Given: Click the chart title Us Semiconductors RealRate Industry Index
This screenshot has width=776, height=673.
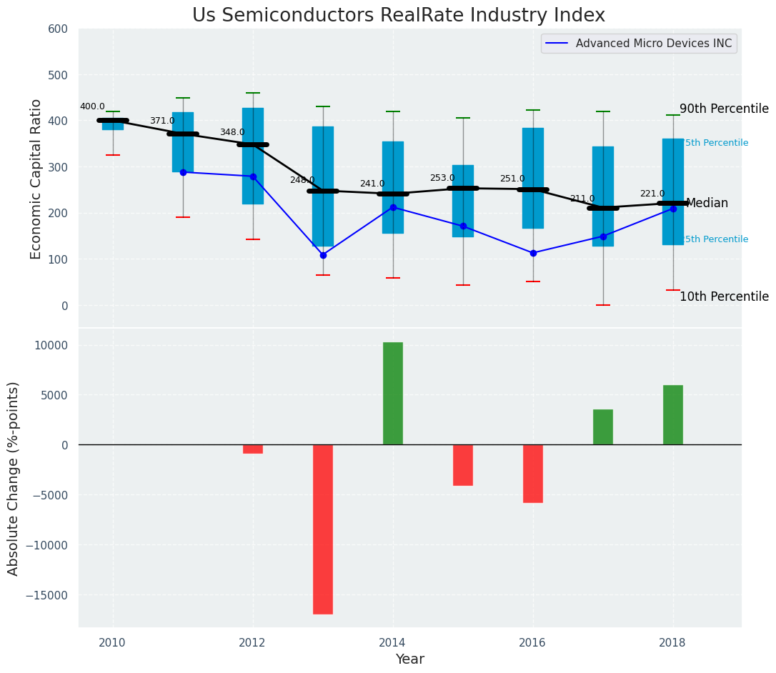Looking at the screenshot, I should tap(398, 16).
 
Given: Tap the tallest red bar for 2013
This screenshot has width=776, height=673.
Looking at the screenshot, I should tap(323, 529).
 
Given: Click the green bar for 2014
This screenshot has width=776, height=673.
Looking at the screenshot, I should tap(393, 394).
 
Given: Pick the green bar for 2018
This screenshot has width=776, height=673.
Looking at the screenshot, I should tap(673, 415).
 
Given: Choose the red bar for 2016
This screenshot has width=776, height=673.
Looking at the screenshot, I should tap(533, 474).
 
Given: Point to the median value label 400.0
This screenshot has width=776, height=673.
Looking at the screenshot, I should tap(92, 106).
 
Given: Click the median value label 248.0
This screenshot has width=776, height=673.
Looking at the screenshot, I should tap(302, 180).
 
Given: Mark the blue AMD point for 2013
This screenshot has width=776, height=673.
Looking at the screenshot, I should tap(323, 255).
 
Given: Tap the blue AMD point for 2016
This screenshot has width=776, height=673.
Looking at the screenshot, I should tap(533, 253).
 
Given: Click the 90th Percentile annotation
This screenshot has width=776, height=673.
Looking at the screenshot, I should tap(724, 109).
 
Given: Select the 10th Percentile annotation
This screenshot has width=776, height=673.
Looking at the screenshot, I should tap(724, 296).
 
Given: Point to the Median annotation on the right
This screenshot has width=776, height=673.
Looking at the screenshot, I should tap(707, 204).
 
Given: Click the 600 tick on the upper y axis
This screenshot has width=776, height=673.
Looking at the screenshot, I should tap(58, 29).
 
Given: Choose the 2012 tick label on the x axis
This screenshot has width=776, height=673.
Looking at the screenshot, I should tap(252, 642).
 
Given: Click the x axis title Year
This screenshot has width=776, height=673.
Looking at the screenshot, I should tap(410, 659).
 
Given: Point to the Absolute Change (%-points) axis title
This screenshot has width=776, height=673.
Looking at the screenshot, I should tap(14, 478).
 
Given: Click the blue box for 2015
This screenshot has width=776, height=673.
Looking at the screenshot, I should tap(463, 201).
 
